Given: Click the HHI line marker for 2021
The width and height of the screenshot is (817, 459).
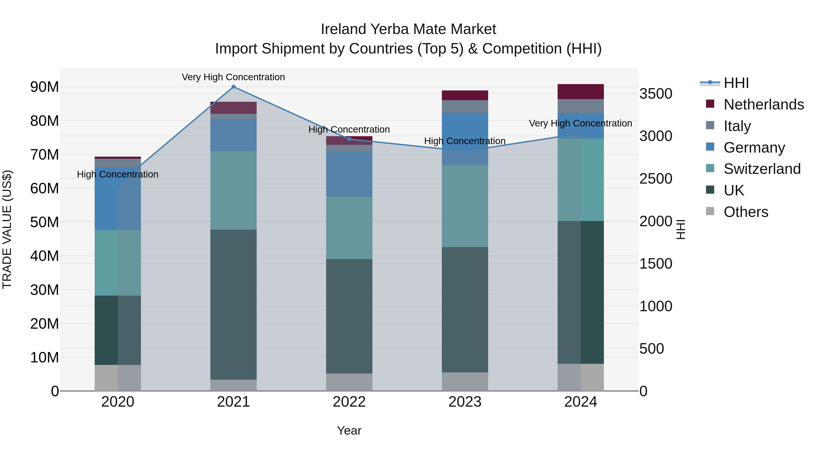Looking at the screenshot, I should [234, 87].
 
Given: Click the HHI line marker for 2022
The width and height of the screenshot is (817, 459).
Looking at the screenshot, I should [349, 139].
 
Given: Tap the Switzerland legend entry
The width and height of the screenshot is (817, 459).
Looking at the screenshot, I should [762, 169].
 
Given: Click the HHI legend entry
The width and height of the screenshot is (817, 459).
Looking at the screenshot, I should [736, 83].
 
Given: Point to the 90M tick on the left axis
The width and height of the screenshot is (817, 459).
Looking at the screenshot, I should [44, 87].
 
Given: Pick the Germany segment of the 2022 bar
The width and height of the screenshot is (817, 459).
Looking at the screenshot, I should [349, 174].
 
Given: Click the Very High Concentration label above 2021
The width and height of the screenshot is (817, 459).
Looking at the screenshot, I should [234, 77].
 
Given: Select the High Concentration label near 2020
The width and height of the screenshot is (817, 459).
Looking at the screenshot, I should [118, 175].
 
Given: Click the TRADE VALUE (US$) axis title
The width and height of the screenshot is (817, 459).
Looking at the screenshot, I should [7, 230].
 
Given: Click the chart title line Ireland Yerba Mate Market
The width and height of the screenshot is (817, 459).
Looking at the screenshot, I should [408, 29].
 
